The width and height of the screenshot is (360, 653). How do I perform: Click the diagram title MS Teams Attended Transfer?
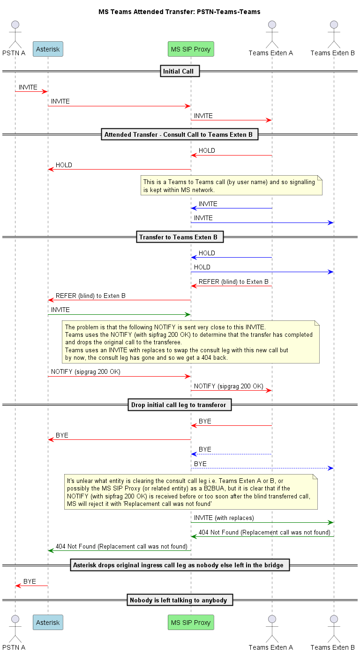coord(179,12)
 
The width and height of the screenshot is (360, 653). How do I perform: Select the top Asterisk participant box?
coord(48,49)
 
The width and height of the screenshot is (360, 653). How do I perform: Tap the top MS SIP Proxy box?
coord(191,49)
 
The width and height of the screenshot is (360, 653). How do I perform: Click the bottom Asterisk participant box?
coord(48,623)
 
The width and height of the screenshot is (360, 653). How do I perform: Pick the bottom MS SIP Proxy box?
coord(191,623)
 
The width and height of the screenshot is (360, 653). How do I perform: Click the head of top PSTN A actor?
coord(15,25)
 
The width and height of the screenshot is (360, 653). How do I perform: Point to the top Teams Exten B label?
coord(332,53)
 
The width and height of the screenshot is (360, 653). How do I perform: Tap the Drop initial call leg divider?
coord(180,405)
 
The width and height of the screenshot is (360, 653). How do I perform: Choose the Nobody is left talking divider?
coord(180,600)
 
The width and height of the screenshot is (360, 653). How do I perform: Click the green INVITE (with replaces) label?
coord(224,518)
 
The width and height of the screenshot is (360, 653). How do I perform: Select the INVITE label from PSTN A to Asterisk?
coord(28,88)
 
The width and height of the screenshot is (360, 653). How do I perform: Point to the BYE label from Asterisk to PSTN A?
coord(30,581)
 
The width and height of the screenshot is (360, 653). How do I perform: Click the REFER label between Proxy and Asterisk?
coord(90,296)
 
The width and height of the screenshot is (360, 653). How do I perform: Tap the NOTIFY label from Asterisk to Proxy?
coord(85,371)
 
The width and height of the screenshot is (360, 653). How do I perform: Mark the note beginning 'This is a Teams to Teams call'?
coord(232,186)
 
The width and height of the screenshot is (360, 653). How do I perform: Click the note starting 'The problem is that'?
coord(191,342)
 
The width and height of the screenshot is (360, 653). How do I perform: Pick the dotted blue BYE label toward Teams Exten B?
coord(200,464)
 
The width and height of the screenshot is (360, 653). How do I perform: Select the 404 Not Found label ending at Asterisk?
coord(121,546)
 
